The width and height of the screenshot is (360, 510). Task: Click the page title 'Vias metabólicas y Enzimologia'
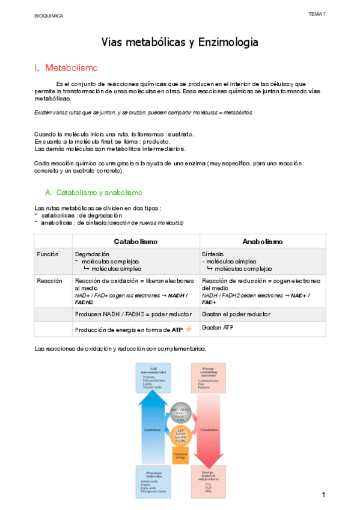coord(180,42)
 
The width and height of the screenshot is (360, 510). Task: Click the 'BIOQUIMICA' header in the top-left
coord(49,16)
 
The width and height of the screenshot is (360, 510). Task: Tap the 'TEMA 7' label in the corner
coord(317,13)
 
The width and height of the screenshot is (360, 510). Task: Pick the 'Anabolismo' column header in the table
coord(263,241)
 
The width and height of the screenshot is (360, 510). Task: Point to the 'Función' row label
coord(48,254)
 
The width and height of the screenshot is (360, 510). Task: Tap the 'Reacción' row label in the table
coord(49,281)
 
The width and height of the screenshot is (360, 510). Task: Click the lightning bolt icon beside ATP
coord(189,329)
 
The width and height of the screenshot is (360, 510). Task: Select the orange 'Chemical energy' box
coord(180,456)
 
